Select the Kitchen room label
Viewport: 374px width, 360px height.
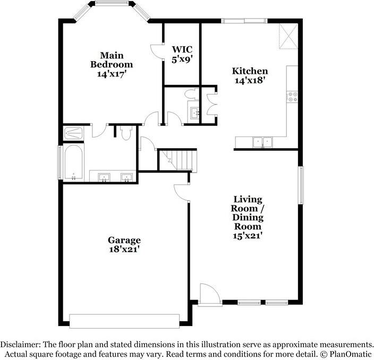point(249,71)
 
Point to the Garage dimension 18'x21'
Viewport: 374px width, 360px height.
point(125,248)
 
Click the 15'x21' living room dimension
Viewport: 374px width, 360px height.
point(247,235)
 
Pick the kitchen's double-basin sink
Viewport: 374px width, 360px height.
point(262,142)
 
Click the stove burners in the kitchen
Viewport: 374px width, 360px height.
point(292,97)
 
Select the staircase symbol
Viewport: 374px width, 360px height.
point(178,160)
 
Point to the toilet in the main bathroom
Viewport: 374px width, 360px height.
point(125,133)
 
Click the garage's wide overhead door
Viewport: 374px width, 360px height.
point(124,321)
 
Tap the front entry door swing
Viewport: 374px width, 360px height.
point(207,294)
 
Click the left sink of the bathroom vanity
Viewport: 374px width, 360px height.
point(104,177)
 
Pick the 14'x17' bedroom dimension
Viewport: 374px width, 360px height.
point(111,74)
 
